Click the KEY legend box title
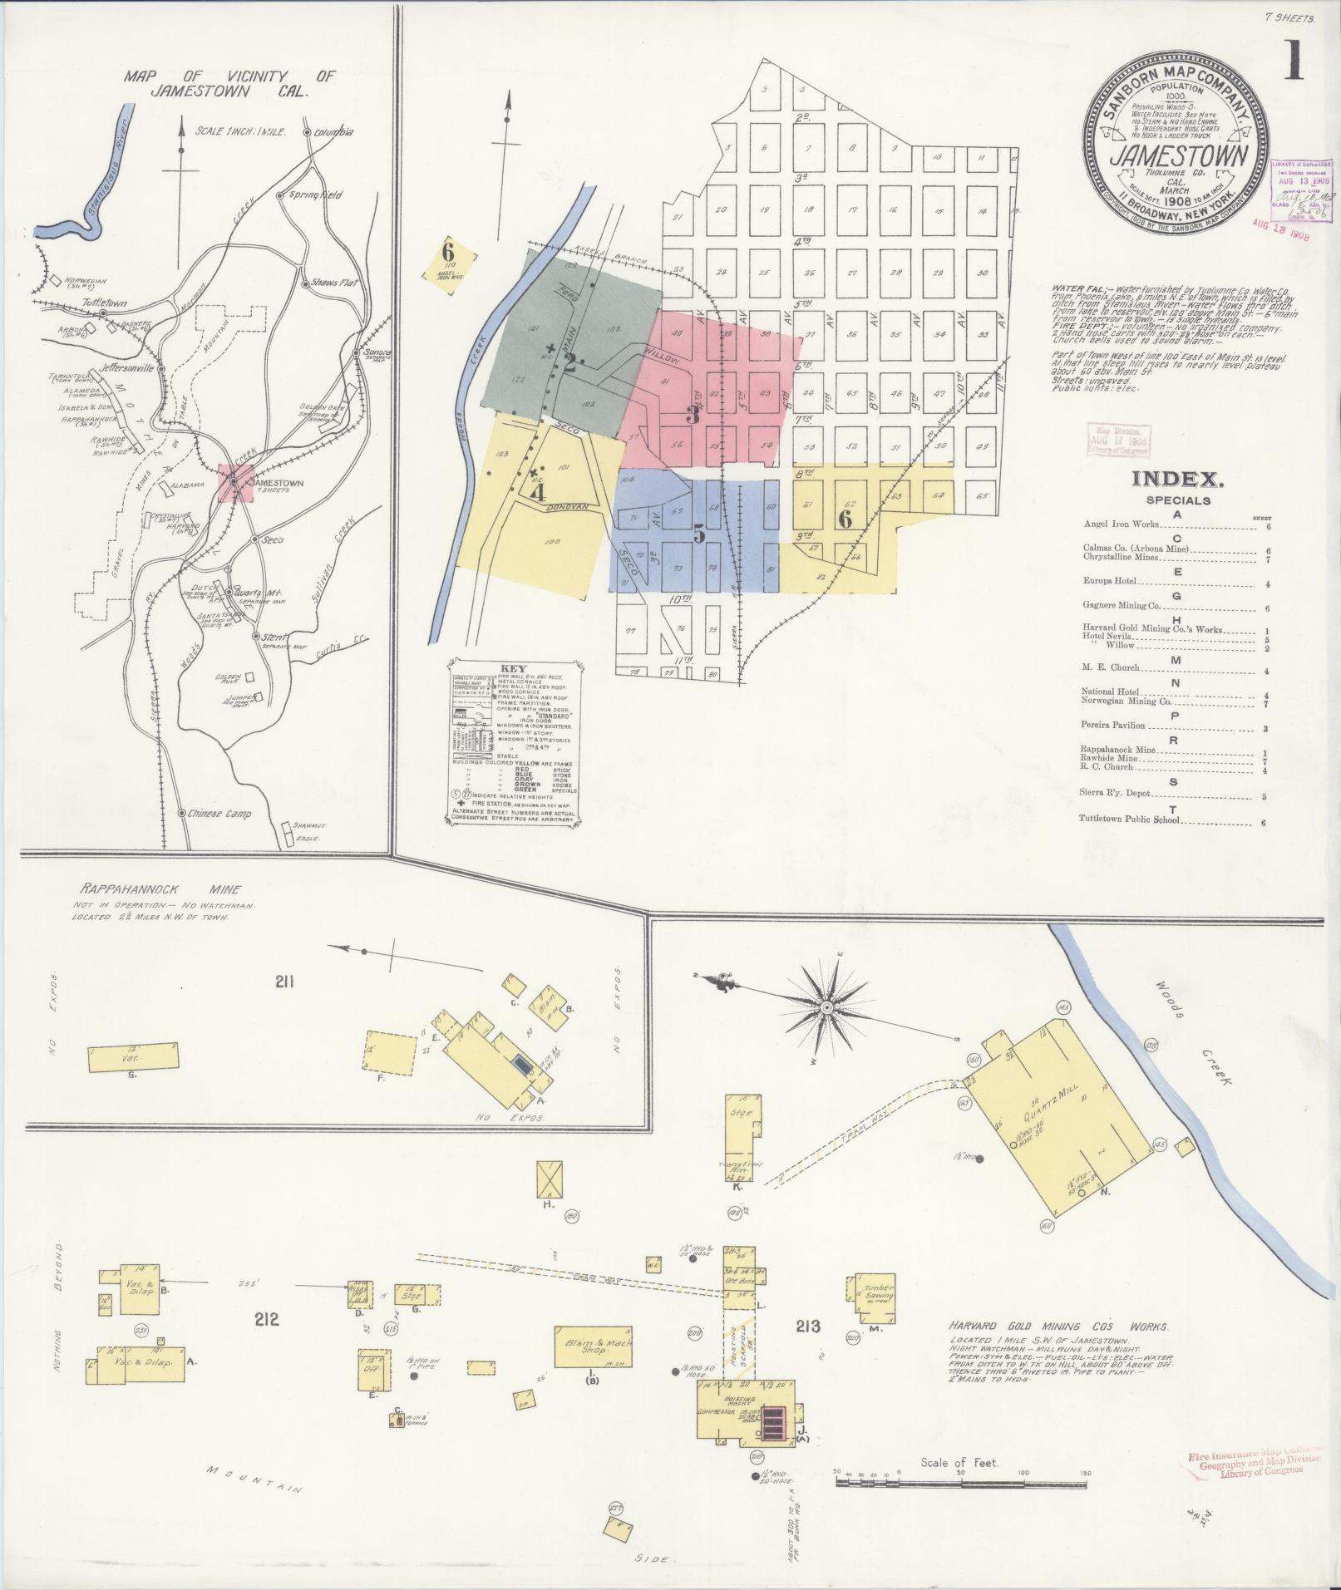[513, 668]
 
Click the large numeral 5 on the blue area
[699, 534]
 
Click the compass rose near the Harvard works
[826, 1007]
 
